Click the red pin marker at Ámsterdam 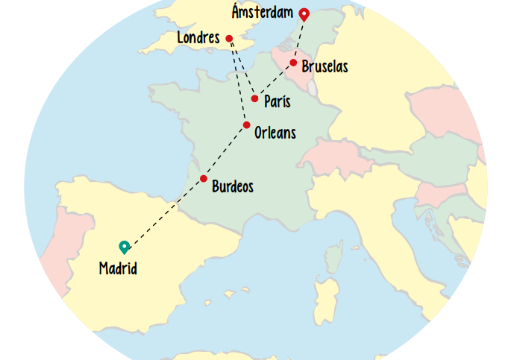pos(304,13)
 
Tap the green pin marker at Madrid pos(124,247)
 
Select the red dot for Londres pos(229,39)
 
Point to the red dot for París pos(254,98)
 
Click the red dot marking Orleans pos(246,125)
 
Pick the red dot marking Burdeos pos(203,179)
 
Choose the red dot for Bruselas pos(293,63)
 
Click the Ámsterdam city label pos(262,13)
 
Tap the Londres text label pos(198,38)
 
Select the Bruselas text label pos(325,67)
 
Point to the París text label pos(277,102)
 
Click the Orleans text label pos(275,133)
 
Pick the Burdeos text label pos(232,187)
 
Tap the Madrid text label pos(118,269)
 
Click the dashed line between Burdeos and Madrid pos(164,212)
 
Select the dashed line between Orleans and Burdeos pos(225,152)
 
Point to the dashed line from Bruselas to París pos(274,80)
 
